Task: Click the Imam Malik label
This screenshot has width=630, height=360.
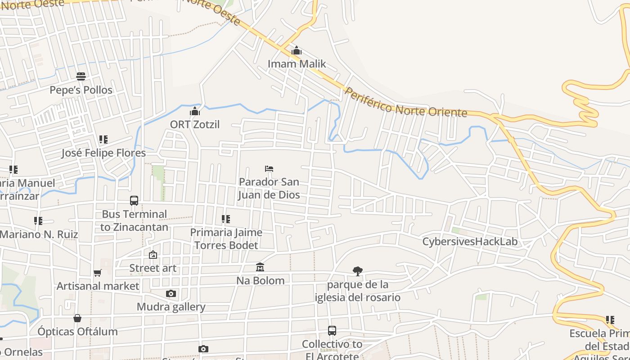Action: (297, 64)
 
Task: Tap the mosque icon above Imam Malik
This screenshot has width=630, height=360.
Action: (297, 51)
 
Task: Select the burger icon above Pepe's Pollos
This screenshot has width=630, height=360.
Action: (81, 76)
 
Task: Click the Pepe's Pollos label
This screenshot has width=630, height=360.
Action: (81, 90)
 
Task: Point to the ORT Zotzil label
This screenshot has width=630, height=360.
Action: (195, 124)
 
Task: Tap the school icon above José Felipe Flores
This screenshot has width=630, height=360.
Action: (103, 139)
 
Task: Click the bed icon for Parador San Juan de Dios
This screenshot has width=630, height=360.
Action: (269, 169)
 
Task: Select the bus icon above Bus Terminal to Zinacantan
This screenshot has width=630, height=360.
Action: (134, 201)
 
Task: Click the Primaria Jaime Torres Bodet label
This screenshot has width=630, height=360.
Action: (226, 239)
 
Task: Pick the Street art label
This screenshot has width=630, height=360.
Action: (153, 268)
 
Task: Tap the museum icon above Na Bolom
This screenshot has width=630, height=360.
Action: (260, 267)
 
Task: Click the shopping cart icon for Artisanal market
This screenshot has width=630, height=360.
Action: (98, 273)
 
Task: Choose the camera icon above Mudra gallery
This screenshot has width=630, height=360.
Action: (171, 294)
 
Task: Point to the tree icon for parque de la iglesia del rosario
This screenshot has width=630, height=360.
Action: (358, 271)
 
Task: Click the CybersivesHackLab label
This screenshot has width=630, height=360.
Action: (470, 242)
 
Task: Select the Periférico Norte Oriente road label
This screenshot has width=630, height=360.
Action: (405, 102)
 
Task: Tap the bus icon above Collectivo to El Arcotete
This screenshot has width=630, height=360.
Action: (332, 331)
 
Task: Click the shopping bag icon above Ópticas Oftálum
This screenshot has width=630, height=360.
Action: (77, 318)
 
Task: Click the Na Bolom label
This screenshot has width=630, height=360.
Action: (261, 281)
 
